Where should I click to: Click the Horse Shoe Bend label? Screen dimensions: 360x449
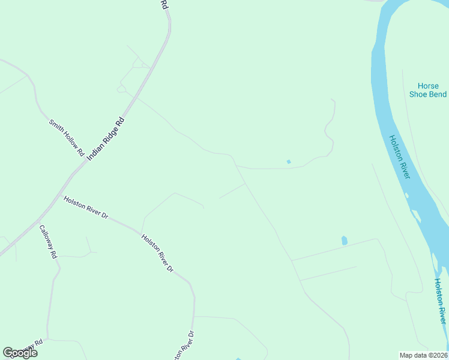(427, 90)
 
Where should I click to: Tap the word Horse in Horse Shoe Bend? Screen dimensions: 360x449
(428, 86)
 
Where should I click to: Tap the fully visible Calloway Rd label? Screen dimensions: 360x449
(48, 242)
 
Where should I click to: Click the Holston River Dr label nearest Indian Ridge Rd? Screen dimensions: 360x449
(86, 207)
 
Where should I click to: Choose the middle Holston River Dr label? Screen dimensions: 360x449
(157, 253)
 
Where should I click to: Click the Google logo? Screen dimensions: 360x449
(20, 353)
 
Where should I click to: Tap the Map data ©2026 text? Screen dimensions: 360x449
(423, 355)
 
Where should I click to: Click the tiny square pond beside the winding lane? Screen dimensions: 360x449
(289, 161)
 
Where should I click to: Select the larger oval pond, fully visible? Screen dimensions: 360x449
(344, 241)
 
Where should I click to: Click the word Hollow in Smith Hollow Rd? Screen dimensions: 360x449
(65, 137)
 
